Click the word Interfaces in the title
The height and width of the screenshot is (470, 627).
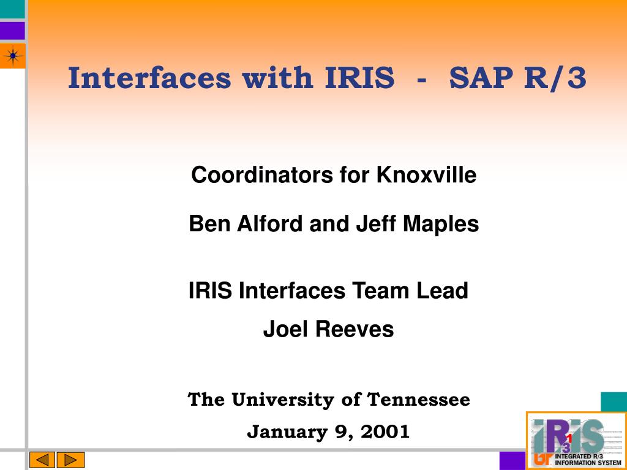pos(149,78)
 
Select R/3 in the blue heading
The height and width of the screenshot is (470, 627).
pos(555,78)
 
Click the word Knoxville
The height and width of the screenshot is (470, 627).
pos(426,174)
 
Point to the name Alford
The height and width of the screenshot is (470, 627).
pos(270,223)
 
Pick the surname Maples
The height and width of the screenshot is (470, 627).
pos(441,224)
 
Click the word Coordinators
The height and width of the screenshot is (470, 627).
pos(262,174)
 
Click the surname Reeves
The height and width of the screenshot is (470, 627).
pos(355,329)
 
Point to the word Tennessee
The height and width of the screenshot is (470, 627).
pos(419,399)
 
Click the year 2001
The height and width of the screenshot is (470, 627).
pos(385,431)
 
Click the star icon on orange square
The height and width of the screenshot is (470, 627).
pos(13,56)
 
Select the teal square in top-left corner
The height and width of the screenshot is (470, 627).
pos(12,9)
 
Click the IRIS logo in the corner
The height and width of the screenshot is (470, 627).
pos(577,441)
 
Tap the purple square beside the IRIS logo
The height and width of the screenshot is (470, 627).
pos(512,460)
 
